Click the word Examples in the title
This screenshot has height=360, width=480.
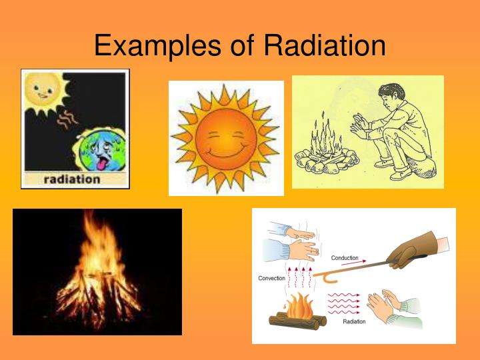pyautogui.click(x=157, y=46)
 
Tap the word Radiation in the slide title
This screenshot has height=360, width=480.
pyautogui.click(x=325, y=45)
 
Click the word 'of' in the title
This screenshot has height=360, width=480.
pyautogui.click(x=242, y=45)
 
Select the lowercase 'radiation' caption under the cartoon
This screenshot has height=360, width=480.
pyautogui.click(x=72, y=179)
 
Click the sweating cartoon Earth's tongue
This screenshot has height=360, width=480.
pyautogui.click(x=101, y=164)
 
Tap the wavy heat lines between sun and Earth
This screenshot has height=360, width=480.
pyautogui.click(x=67, y=119)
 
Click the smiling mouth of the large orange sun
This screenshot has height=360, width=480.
pyautogui.click(x=225, y=152)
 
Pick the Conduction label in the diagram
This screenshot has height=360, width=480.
pyautogui.click(x=345, y=258)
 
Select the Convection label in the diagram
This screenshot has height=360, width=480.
pyautogui.click(x=271, y=278)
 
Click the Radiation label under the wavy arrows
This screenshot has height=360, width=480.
pyautogui.click(x=354, y=321)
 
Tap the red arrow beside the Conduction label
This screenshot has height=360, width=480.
pyautogui.click(x=353, y=263)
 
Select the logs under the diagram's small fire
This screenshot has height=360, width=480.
pyautogui.click(x=297, y=321)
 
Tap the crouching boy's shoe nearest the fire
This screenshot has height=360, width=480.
pyautogui.click(x=384, y=163)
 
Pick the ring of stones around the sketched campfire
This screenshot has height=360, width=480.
pyautogui.click(x=326, y=160)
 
